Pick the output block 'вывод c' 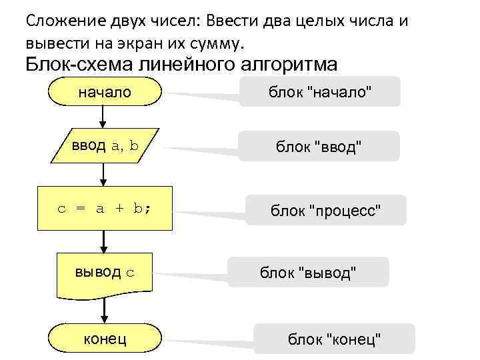tap(105, 273)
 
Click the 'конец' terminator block tap(105, 339)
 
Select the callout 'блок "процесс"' tap(327, 211)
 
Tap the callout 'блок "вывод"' tap(309, 273)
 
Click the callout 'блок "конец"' tap(334, 339)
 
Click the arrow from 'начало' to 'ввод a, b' tap(103, 117)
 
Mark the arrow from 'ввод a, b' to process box tap(103, 175)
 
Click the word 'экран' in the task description tap(127, 44)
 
